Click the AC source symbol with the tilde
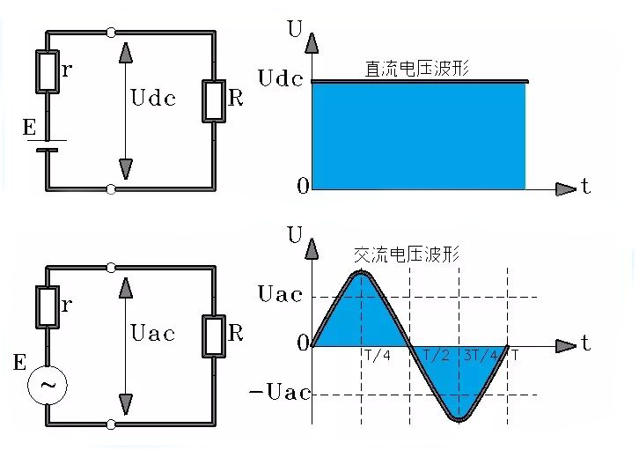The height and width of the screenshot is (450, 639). [48, 385]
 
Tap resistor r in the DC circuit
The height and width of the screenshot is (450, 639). [47, 71]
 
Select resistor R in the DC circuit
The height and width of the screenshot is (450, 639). [214, 100]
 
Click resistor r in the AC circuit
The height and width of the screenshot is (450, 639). [47, 306]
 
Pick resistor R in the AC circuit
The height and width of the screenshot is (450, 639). [214, 335]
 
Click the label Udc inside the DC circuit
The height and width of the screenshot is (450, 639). [152, 97]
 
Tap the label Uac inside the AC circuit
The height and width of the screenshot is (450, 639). [152, 333]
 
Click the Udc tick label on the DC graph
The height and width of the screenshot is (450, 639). [280, 78]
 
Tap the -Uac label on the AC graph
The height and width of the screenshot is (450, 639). [281, 393]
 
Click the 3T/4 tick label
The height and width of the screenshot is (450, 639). [479, 355]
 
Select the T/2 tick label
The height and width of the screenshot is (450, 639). [436, 355]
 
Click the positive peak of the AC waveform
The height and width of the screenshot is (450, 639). [361, 274]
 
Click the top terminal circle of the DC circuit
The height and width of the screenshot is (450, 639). [110, 33]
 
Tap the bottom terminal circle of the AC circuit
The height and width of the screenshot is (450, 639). [110, 424]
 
